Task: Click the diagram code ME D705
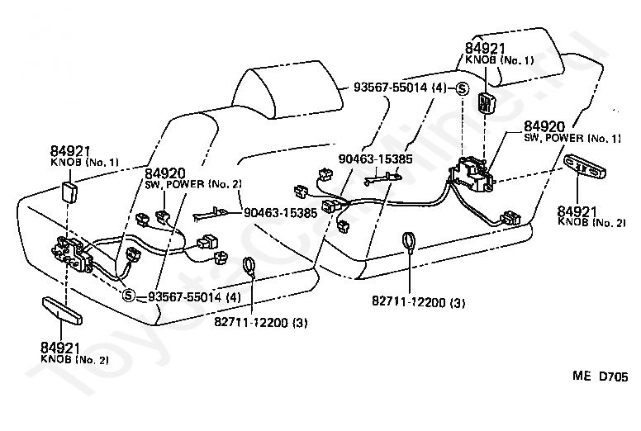click(601, 377)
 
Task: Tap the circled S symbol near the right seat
click(463, 88)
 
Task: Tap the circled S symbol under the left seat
click(128, 295)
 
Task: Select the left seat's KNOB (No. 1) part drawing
click(69, 192)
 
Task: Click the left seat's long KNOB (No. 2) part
click(62, 311)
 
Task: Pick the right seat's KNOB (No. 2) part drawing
click(585, 167)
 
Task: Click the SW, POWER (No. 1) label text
click(572, 138)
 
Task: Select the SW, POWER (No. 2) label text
click(193, 184)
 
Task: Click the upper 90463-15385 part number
click(375, 159)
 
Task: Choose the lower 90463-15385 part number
click(281, 213)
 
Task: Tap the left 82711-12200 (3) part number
click(261, 322)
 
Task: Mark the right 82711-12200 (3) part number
click(418, 302)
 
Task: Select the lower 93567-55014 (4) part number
click(195, 296)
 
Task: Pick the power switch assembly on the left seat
click(73, 254)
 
